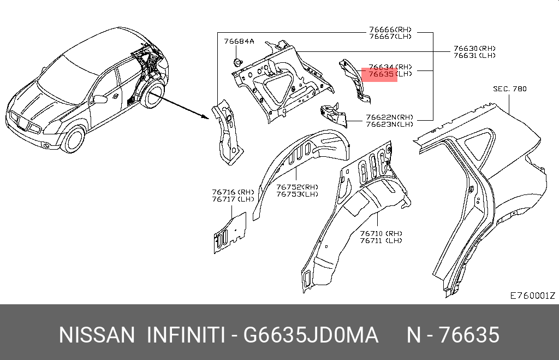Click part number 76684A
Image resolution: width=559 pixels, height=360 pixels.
239,42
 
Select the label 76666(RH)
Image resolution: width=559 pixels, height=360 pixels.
390,29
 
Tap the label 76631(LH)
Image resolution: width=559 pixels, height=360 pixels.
474,55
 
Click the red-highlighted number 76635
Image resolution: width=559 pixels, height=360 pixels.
381,74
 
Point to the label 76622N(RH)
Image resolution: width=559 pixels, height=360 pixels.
389,117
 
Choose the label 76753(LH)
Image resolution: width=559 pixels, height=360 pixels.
298,194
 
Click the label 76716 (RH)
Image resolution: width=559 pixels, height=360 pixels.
233,192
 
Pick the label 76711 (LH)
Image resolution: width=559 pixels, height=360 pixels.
380,240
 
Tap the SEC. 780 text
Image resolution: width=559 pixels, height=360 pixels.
510,89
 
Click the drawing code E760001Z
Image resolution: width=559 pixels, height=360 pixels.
533,296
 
